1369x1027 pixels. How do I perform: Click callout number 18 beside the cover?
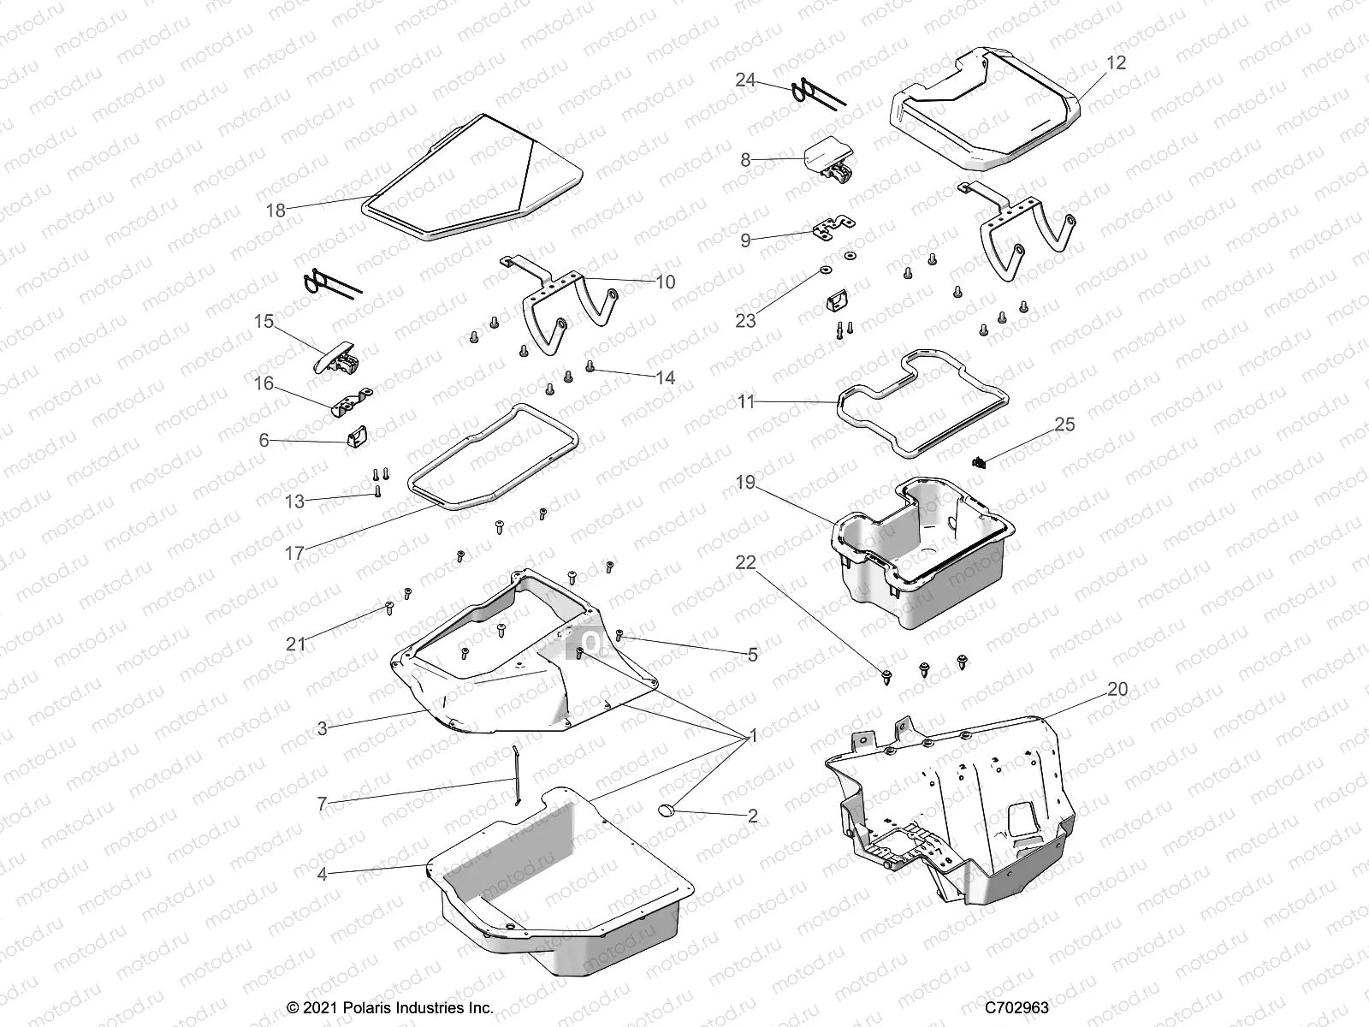click(276, 210)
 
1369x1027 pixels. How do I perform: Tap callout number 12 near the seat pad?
click(1116, 63)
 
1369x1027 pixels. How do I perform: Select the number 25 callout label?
click(1064, 424)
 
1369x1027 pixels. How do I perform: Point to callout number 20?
click(1117, 689)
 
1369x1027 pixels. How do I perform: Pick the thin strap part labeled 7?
click(516, 775)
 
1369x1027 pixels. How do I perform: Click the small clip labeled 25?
click(981, 463)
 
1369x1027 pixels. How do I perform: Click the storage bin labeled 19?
click(924, 556)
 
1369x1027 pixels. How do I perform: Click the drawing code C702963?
click(1016, 1007)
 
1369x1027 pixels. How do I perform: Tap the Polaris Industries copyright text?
click(390, 1007)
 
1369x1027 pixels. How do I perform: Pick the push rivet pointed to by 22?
click(886, 677)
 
